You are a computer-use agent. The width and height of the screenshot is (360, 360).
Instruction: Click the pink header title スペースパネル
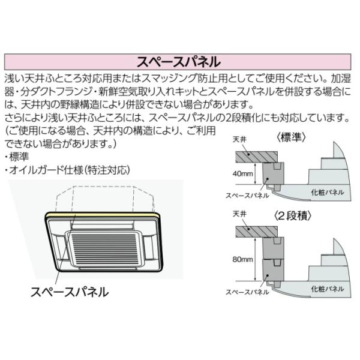point(179,62)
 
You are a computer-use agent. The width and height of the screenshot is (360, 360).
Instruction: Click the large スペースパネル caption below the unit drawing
point(70,292)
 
